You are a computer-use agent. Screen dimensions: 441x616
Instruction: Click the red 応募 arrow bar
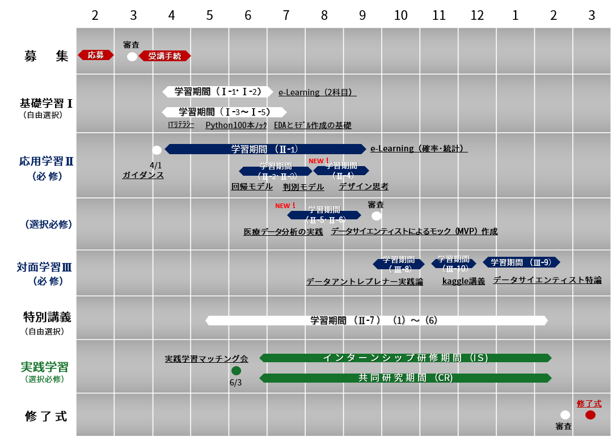click(x=96, y=55)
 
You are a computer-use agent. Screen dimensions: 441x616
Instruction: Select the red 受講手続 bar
click(x=164, y=56)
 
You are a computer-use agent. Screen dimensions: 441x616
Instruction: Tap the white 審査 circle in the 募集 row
click(x=132, y=56)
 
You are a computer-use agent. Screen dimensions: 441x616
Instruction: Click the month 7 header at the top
click(x=286, y=16)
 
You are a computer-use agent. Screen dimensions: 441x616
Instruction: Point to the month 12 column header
click(x=477, y=16)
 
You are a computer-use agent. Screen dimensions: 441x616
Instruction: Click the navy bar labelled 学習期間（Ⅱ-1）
click(x=265, y=149)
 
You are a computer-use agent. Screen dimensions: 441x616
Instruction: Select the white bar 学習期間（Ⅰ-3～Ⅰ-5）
click(x=224, y=112)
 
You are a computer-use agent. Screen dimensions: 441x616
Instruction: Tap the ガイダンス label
click(x=143, y=175)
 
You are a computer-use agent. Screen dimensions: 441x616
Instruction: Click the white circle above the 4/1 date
click(x=157, y=150)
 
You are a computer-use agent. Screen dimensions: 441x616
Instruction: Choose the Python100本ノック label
click(x=236, y=125)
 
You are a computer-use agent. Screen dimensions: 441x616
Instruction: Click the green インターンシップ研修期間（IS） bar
click(x=405, y=358)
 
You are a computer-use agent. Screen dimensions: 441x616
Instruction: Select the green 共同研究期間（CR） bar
click(x=405, y=378)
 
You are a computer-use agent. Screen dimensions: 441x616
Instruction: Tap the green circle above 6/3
click(x=236, y=371)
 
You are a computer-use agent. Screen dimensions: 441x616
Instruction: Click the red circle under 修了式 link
click(x=590, y=415)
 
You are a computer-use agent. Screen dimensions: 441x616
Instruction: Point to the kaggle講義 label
click(x=463, y=281)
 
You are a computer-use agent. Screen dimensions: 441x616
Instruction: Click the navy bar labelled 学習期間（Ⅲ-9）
click(x=521, y=262)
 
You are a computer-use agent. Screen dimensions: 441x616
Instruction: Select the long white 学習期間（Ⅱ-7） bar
click(x=376, y=320)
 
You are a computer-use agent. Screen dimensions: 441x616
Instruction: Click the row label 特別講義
click(x=47, y=316)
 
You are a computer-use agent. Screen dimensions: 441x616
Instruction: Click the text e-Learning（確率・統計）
click(x=419, y=149)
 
